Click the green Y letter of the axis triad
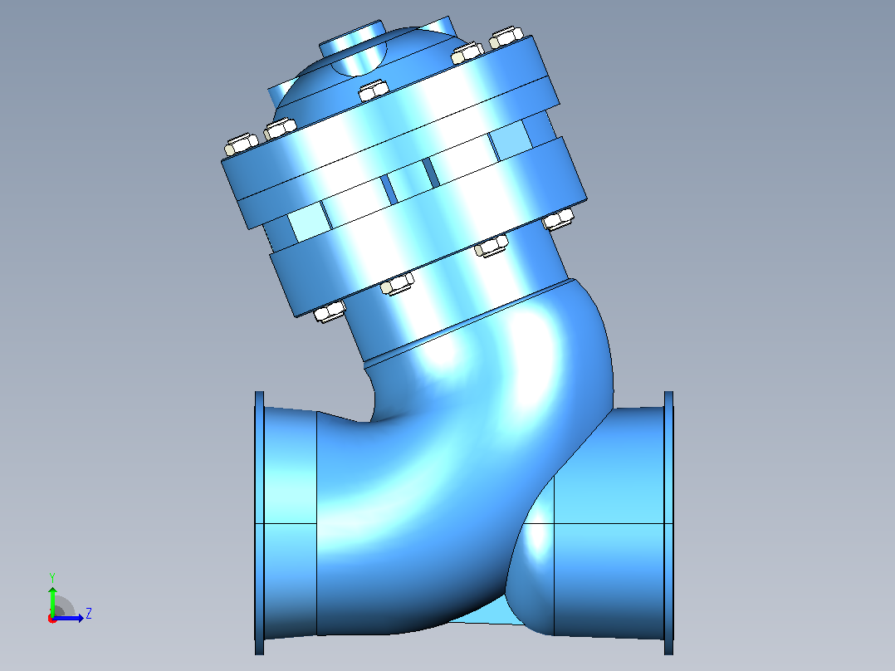[52, 578]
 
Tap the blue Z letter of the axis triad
[89, 614]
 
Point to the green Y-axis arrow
[52, 600]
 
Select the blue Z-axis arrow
[68, 618]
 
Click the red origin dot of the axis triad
[52, 619]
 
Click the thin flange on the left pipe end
[259, 522]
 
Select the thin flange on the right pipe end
[668, 522]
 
